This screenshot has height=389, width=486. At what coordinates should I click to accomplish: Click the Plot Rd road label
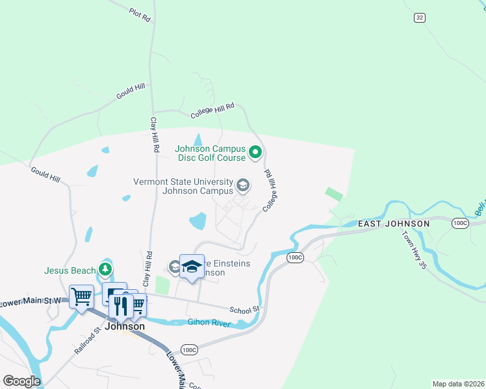[140, 15]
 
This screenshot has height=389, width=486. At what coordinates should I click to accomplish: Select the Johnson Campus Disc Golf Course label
[210, 153]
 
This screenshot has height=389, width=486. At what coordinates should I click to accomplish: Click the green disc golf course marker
[255, 153]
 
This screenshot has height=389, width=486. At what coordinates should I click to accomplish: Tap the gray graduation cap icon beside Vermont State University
[243, 187]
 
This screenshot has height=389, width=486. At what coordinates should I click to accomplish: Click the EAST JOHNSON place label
[394, 224]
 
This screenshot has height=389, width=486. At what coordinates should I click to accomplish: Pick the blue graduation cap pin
[192, 266]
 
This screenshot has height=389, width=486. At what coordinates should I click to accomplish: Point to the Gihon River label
[209, 323]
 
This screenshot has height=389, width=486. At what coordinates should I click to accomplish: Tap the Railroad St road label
[87, 340]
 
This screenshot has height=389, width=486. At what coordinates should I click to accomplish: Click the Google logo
[21, 381]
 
